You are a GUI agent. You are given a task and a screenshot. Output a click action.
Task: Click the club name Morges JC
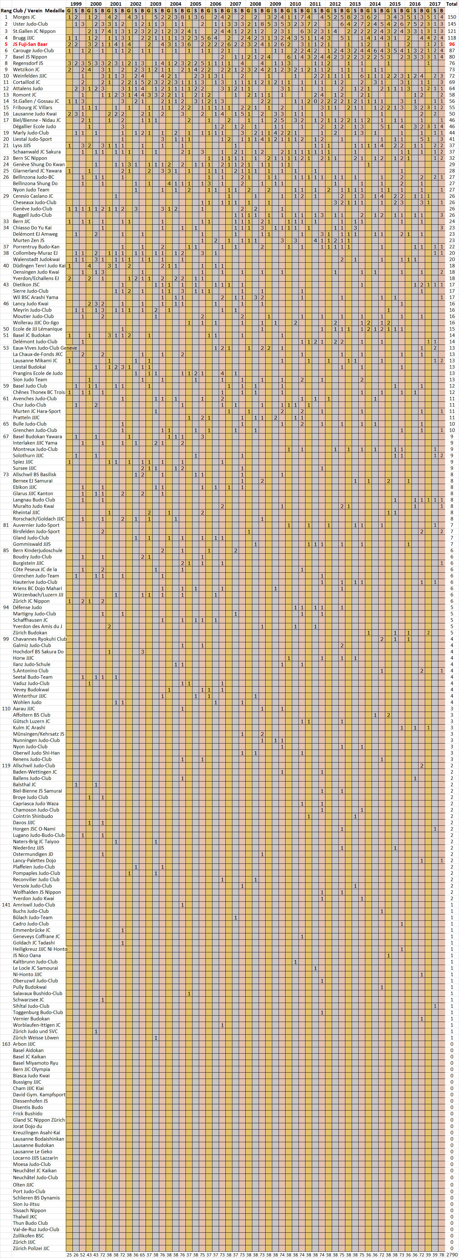click(24, 17)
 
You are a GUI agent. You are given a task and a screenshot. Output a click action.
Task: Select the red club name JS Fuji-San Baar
click(30, 44)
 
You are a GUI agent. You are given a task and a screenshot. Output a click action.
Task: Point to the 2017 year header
click(435, 4)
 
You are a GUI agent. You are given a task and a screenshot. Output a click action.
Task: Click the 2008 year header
click(255, 4)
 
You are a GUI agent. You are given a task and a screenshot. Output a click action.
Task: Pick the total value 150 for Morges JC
click(452, 17)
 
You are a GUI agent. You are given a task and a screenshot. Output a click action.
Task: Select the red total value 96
click(452, 44)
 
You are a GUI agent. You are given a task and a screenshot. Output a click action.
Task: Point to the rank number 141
click(6, 905)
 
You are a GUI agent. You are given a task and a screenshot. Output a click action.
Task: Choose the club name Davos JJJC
click(24, 822)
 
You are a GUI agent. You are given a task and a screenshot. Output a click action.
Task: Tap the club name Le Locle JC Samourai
click(35, 968)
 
